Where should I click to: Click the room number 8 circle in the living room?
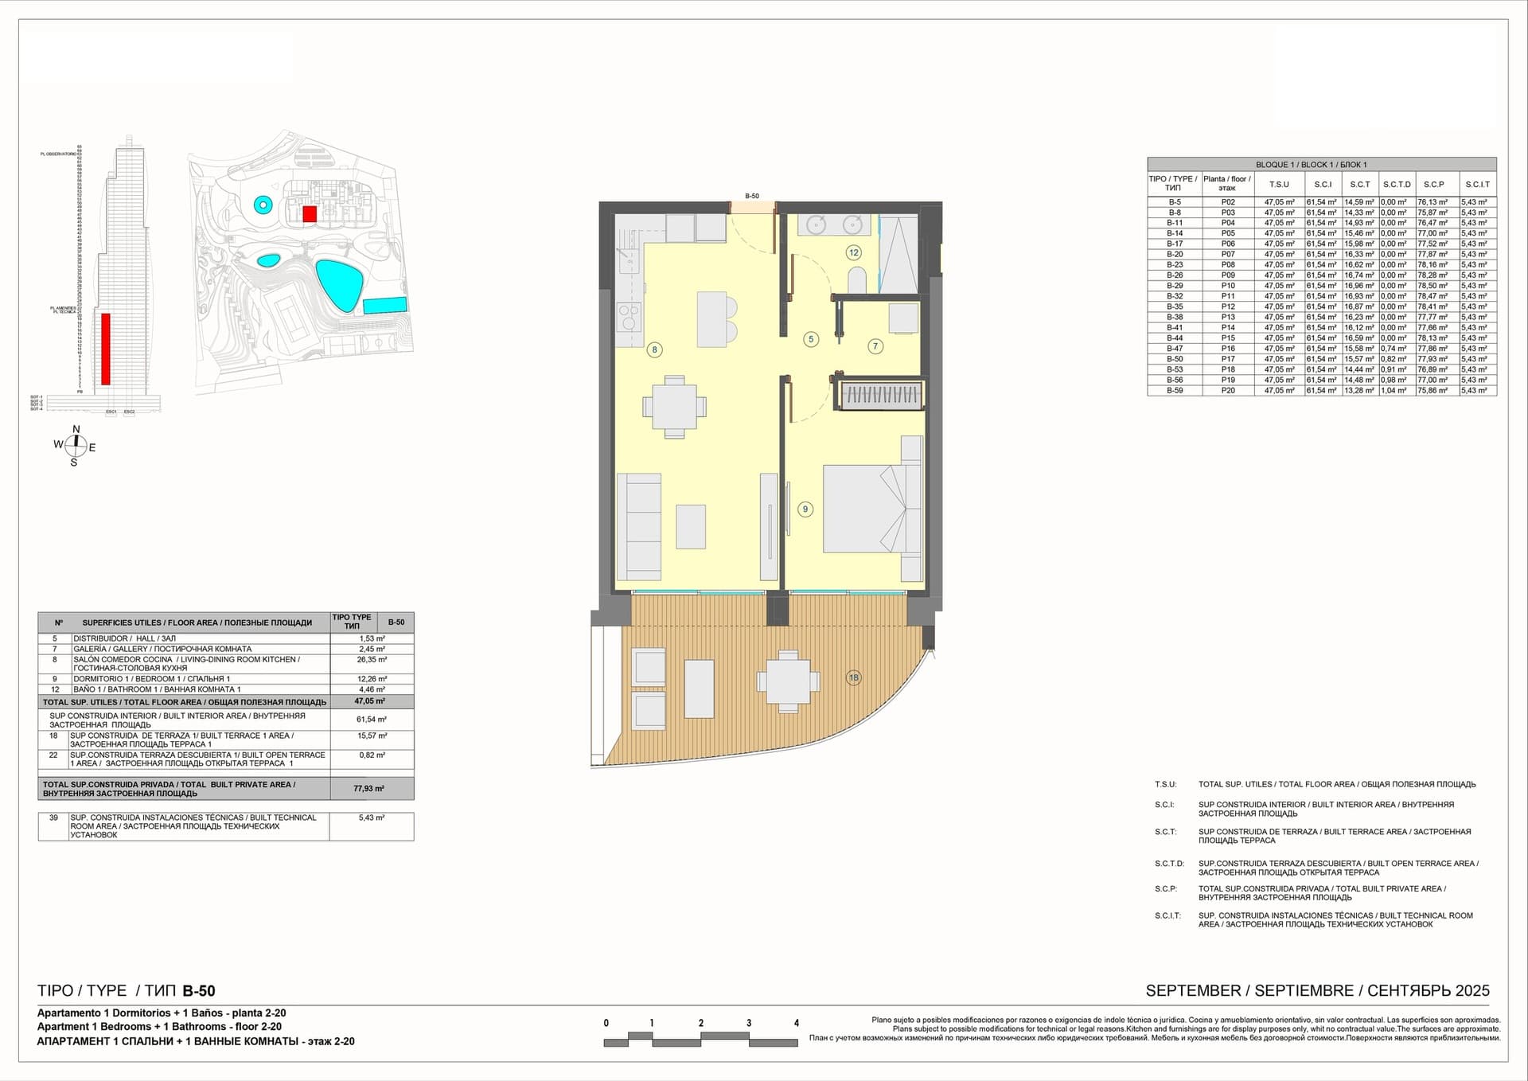click(x=654, y=349)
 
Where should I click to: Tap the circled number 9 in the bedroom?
click(x=805, y=509)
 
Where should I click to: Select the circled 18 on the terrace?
click(x=853, y=678)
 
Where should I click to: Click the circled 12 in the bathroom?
click(x=853, y=252)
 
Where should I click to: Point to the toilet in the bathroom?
click(x=857, y=279)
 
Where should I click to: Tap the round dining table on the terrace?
click(x=788, y=681)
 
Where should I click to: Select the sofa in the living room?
click(x=639, y=527)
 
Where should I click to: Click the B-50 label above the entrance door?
click(x=752, y=196)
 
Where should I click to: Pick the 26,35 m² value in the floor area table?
click(x=372, y=660)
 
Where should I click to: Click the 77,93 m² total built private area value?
click(x=368, y=789)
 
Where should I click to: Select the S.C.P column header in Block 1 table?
click(x=1433, y=185)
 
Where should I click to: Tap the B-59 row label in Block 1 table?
click(x=1175, y=391)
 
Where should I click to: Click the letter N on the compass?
click(x=76, y=430)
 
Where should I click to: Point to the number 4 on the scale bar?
click(x=796, y=1024)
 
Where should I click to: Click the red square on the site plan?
click(x=310, y=213)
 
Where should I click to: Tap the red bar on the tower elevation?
click(x=106, y=349)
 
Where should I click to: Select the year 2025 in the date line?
click(x=1472, y=991)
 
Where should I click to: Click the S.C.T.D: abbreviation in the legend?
click(x=1169, y=864)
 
